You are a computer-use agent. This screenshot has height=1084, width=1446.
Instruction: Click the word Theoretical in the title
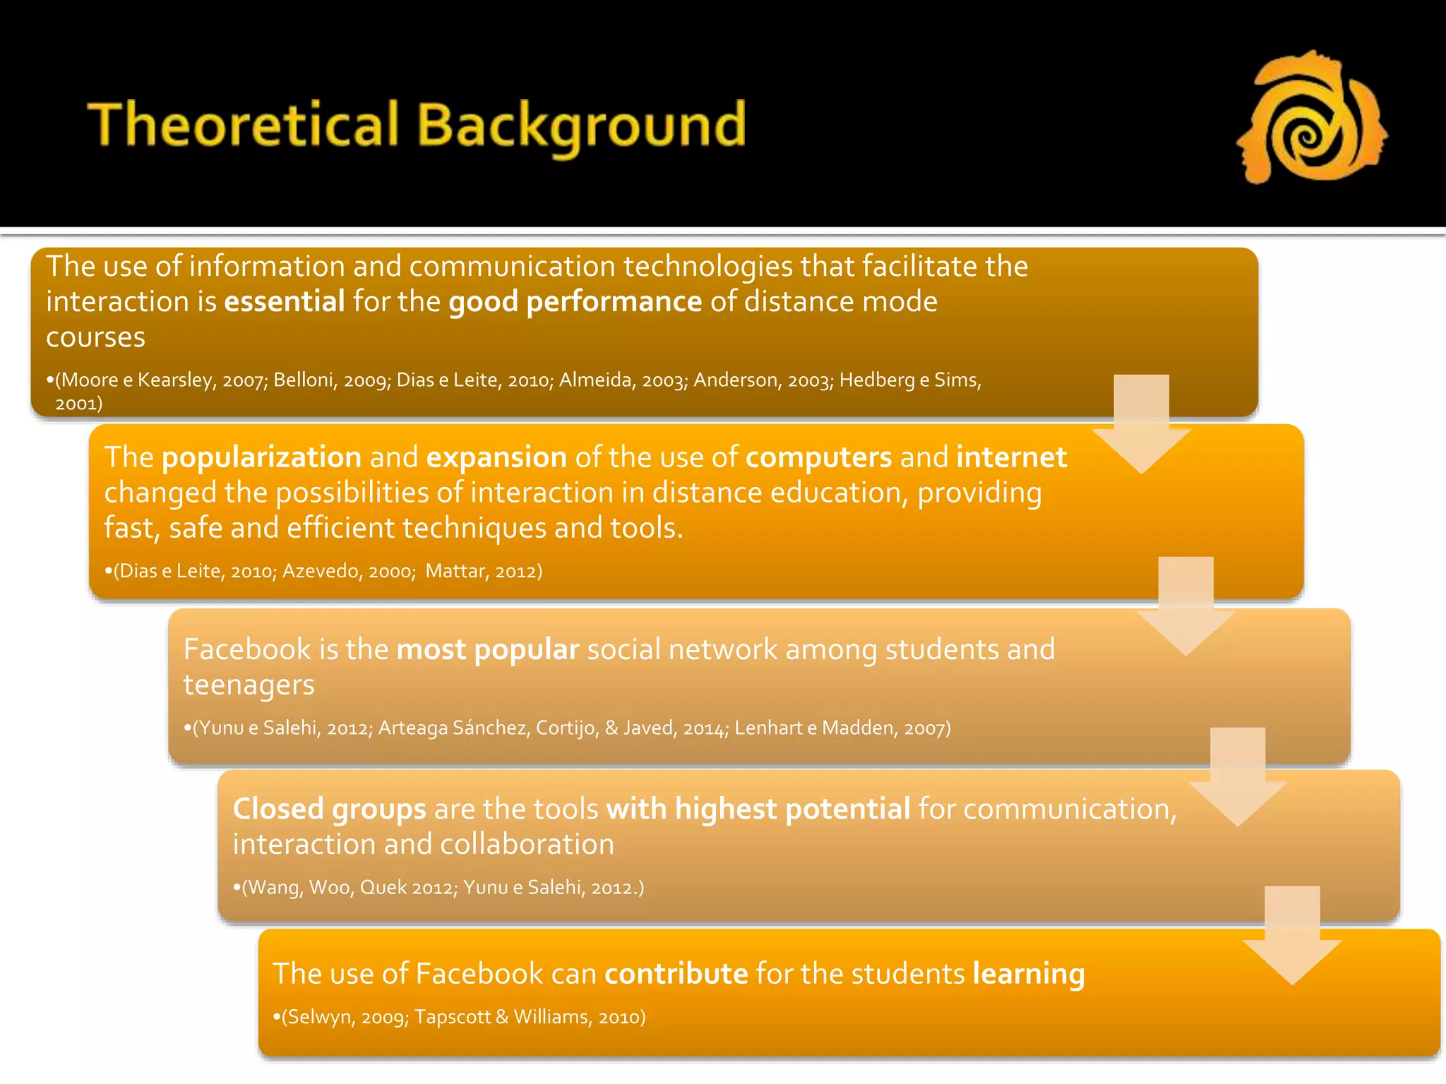244,125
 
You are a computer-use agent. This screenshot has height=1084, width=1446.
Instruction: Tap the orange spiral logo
1311,118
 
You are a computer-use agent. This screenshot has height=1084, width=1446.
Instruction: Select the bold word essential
284,302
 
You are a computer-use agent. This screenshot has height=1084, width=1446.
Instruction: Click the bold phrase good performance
575,302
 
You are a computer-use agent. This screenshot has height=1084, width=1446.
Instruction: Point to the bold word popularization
261,457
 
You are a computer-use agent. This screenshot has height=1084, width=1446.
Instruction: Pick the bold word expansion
496,457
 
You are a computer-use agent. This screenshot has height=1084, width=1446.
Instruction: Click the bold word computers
818,457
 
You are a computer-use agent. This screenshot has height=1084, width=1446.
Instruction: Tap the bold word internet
1011,457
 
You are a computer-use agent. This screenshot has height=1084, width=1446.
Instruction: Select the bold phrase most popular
487,649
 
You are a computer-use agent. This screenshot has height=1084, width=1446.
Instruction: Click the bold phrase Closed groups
329,809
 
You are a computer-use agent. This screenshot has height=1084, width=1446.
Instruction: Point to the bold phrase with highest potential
758,809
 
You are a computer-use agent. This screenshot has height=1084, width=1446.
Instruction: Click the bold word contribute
676,974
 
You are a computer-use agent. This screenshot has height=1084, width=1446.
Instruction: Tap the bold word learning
1028,974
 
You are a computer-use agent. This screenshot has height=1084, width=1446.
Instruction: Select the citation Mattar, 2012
482,571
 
